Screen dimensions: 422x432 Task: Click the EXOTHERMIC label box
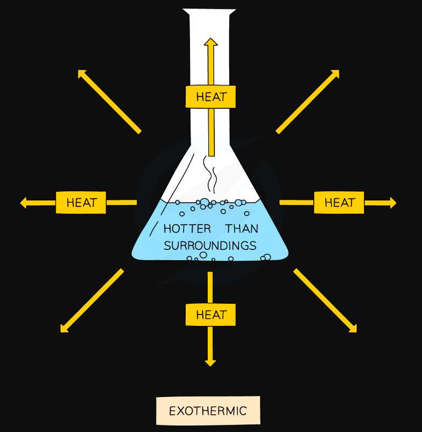[208, 410]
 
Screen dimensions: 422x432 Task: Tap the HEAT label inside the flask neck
[210, 97]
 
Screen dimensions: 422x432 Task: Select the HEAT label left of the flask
[81, 203]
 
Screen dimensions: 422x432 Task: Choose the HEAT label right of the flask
[339, 203]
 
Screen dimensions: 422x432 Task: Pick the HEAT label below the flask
[210, 315]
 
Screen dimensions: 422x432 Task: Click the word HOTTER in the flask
[187, 229]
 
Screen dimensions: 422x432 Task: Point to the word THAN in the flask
[242, 229]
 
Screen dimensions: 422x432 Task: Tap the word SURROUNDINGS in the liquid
[210, 246]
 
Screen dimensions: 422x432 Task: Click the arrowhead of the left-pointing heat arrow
[23, 203]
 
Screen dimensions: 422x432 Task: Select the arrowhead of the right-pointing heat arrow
[393, 203]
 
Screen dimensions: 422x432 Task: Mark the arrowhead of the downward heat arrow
[210, 363]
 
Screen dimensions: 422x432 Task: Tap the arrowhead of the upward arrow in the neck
[211, 42]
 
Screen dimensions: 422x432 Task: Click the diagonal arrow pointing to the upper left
[110, 102]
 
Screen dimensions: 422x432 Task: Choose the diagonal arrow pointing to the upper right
[307, 102]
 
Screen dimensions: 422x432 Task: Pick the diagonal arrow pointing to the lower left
[92, 301]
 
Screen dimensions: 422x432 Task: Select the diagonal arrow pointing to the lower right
[325, 301]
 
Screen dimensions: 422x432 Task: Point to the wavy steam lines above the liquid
[210, 174]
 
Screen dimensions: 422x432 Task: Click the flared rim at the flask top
[209, 11]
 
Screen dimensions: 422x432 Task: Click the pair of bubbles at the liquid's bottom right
[266, 257]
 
